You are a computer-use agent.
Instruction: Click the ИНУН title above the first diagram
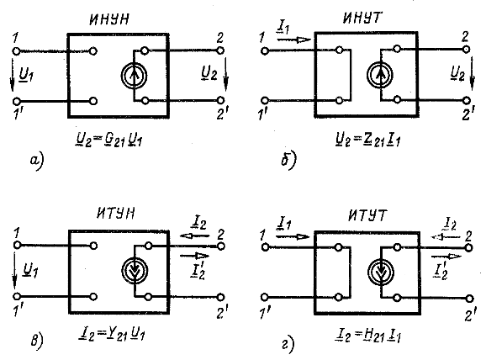(x=109, y=20)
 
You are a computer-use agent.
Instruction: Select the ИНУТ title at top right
(x=362, y=18)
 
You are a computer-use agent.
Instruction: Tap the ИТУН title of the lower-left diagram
(x=116, y=213)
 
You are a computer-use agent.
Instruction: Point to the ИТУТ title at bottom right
(x=368, y=214)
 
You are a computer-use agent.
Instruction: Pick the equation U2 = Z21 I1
(x=368, y=140)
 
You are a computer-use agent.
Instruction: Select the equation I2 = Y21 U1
(x=112, y=334)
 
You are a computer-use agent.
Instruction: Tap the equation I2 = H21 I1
(x=368, y=336)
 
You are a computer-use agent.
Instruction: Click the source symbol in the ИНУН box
(x=134, y=76)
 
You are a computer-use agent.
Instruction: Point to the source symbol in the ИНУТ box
(x=380, y=75)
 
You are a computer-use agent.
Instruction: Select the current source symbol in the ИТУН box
(x=135, y=271)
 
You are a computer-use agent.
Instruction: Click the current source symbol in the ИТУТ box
(x=381, y=273)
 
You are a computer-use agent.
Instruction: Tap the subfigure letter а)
(x=37, y=161)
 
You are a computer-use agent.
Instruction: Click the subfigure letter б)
(x=288, y=160)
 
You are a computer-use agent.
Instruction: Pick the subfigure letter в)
(x=37, y=341)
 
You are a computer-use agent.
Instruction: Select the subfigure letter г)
(x=288, y=345)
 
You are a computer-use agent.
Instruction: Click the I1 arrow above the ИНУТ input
(x=293, y=40)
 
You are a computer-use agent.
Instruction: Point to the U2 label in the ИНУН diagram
(x=209, y=74)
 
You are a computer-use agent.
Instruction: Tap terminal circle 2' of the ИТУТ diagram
(x=469, y=299)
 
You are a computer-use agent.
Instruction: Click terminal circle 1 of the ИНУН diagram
(x=16, y=51)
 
